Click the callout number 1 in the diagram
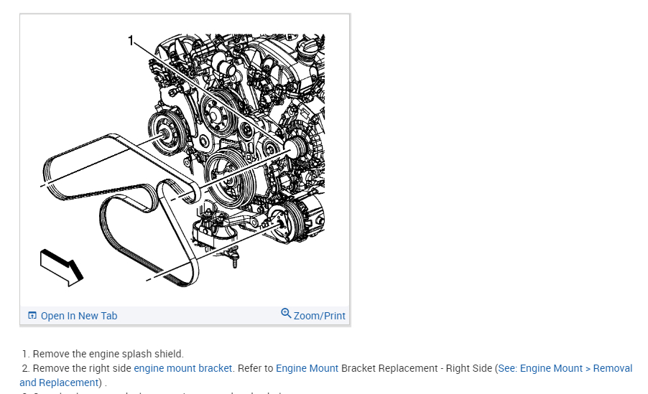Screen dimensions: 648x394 [x=131, y=41]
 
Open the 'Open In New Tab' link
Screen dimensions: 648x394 [x=78, y=316]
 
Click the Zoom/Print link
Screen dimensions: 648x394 [x=319, y=316]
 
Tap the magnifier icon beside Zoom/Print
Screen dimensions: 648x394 [x=286, y=314]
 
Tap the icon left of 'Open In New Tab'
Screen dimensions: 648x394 [x=32, y=316]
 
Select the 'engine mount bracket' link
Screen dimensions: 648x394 [x=182, y=368]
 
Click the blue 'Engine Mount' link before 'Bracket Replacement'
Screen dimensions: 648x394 [x=307, y=368]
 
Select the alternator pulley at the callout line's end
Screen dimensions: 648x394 [x=292, y=148]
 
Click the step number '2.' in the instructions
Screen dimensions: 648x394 [x=25, y=368]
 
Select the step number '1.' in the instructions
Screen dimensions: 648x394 [x=25, y=354]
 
